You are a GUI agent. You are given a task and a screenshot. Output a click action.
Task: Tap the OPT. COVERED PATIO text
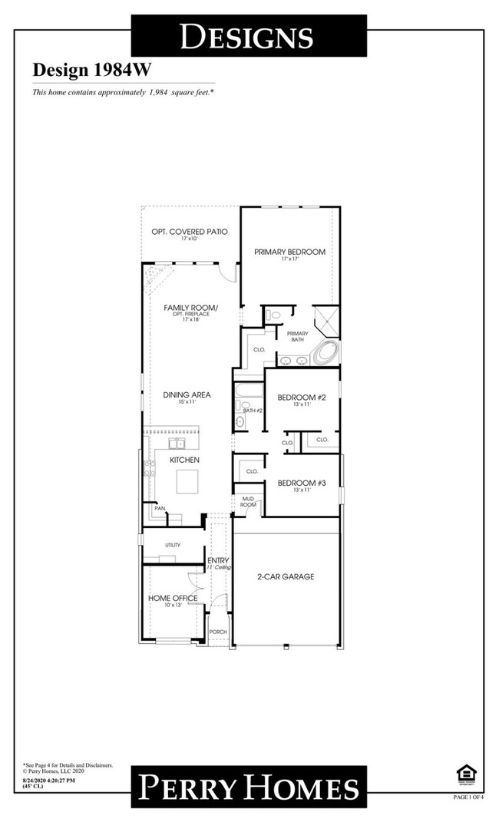pyautogui.click(x=189, y=231)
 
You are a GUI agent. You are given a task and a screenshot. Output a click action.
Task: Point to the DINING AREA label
pyautogui.click(x=187, y=395)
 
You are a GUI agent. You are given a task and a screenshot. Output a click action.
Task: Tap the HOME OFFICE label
pyautogui.click(x=173, y=598)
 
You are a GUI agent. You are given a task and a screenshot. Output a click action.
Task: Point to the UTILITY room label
pyautogui.click(x=172, y=545)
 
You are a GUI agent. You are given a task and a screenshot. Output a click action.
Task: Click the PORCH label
pyautogui.click(x=218, y=632)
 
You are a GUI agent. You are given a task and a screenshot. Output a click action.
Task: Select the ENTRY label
pyautogui.click(x=218, y=561)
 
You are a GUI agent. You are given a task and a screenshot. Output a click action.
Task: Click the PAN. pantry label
pyautogui.click(x=160, y=508)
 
